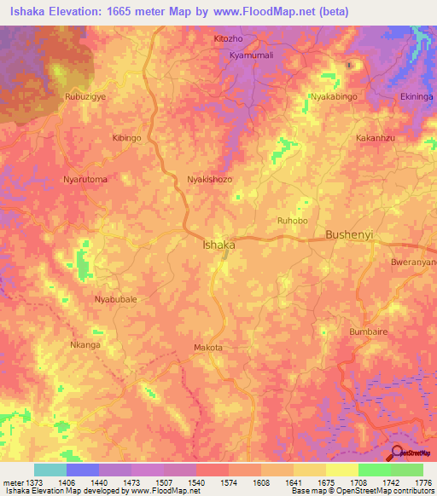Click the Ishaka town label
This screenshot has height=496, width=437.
coord(218,245)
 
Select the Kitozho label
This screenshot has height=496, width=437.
coord(229,39)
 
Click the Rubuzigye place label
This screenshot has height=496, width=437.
coord(86,98)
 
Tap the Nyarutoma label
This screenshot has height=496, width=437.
coord(85,180)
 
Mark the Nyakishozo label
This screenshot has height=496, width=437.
coord(209,180)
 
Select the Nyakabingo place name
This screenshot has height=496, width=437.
coord(335,98)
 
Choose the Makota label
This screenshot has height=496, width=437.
coord(208,348)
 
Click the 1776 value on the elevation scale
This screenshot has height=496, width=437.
coord(423,482)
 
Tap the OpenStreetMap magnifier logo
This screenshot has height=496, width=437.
coord(397,453)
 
